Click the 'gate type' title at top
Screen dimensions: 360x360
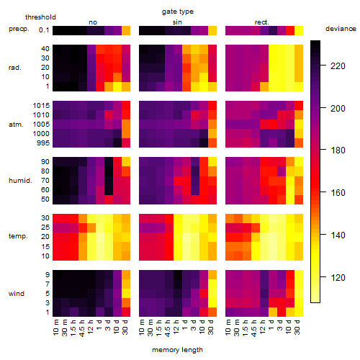pos(178,12)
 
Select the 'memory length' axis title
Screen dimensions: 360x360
pos(177,350)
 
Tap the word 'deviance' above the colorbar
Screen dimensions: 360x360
pos(341,29)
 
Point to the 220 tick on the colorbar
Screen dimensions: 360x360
pos(323,66)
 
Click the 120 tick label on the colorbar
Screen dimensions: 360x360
pos(338,278)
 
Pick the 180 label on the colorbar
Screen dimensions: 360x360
pos(338,150)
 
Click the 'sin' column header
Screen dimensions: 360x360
pos(177,22)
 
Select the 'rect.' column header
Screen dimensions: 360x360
pos(262,22)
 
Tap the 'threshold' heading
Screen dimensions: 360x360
pos(40,17)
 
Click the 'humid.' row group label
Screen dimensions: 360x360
pos(20,180)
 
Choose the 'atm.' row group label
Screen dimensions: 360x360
pos(16,125)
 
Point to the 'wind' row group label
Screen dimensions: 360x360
pos(17,293)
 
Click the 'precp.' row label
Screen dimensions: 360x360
pos(19,29)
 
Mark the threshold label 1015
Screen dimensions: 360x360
pos(41,105)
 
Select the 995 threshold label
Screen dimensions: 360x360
pos(43,143)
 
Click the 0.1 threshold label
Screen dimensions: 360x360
pos(44,30)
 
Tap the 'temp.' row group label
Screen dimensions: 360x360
pos(18,236)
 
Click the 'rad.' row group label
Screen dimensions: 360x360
pos(15,68)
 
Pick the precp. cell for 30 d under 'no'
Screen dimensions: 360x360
pos(126,30)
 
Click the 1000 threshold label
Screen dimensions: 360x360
pos(41,133)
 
